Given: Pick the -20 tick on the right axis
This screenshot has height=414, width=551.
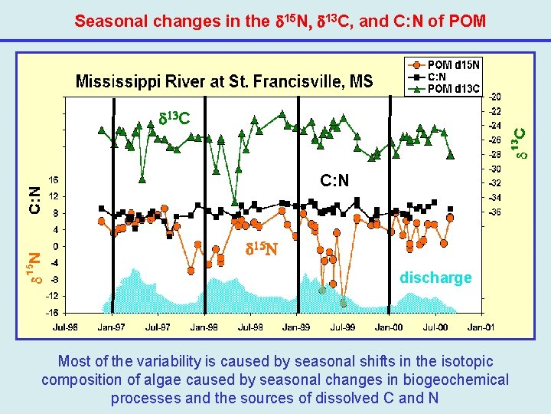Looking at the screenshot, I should (x=497, y=97).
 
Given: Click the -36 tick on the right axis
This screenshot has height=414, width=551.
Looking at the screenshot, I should (x=497, y=212).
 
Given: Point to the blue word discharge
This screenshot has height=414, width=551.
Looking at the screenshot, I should (x=435, y=278).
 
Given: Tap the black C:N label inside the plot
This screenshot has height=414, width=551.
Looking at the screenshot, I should (x=334, y=181).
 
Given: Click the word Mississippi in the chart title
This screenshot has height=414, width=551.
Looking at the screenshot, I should (x=114, y=81).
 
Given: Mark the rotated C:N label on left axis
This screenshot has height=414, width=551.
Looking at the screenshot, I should (x=34, y=201).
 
